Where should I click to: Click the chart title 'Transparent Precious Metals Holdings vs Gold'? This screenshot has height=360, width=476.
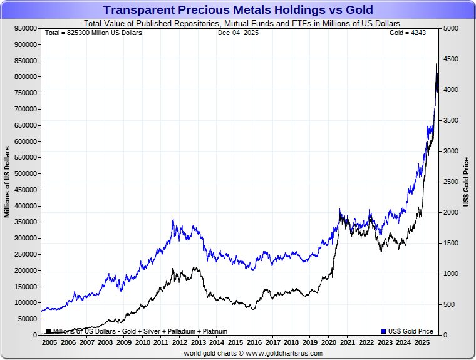coord(238,10)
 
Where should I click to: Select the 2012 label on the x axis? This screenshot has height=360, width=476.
coord(179,343)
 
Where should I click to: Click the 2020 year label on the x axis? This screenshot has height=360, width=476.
coord(328,343)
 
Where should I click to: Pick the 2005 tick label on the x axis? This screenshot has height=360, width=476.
coord(49,343)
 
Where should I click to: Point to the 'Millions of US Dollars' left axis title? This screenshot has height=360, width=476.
coord(8,182)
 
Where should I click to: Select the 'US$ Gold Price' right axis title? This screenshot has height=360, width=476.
coord(467,182)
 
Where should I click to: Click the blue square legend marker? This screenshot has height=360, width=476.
coord(383,331)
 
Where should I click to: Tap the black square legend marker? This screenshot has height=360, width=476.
coord(48,331)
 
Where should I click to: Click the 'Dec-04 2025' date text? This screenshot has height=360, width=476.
coord(237,33)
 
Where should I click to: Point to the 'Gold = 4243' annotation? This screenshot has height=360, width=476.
coord(407,33)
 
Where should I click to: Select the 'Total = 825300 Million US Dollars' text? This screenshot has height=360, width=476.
coord(94,33)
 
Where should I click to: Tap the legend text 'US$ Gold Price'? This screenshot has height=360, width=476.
coord(410,331)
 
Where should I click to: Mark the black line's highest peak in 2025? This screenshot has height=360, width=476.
coord(437,64)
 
